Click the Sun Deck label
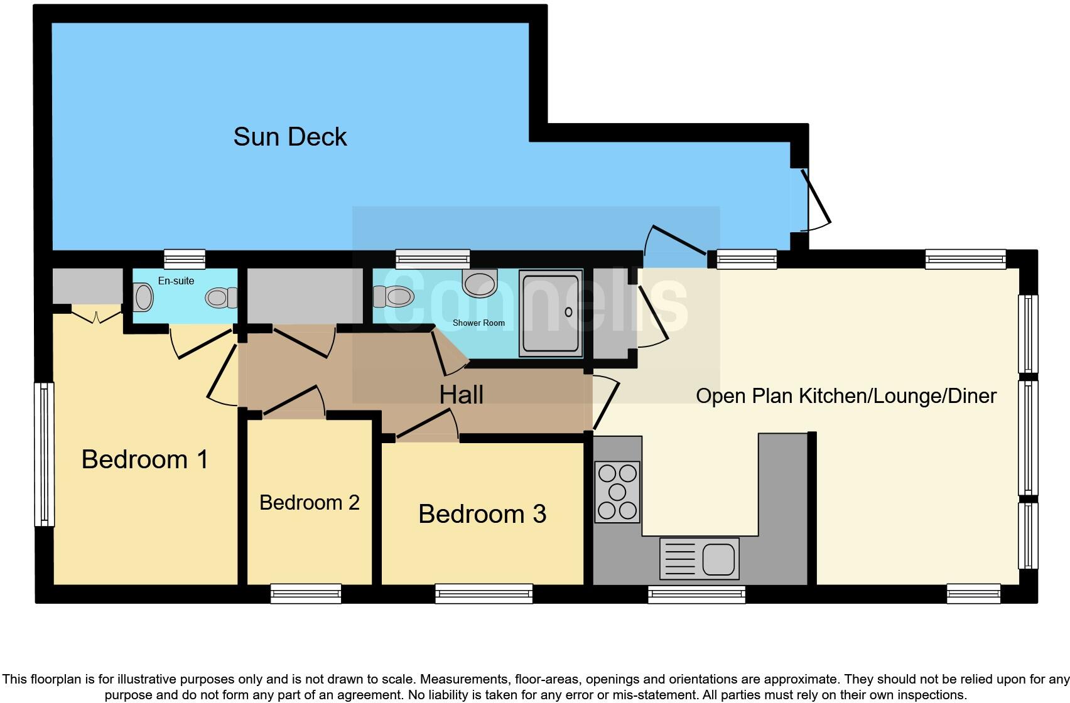point(289,137)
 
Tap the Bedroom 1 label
point(144,459)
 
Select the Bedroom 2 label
point(309,502)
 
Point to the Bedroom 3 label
point(482,514)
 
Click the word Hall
point(461,395)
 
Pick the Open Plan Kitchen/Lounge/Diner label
point(846,396)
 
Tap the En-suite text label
point(176,281)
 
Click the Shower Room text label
point(478,323)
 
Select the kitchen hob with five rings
point(617,492)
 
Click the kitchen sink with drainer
point(699,559)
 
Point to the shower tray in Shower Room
point(551,313)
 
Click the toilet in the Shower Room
point(393,296)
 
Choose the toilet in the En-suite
point(221,298)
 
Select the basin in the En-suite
point(143,298)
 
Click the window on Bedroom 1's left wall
point(44,454)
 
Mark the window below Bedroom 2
point(306,593)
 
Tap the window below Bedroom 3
point(484,593)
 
